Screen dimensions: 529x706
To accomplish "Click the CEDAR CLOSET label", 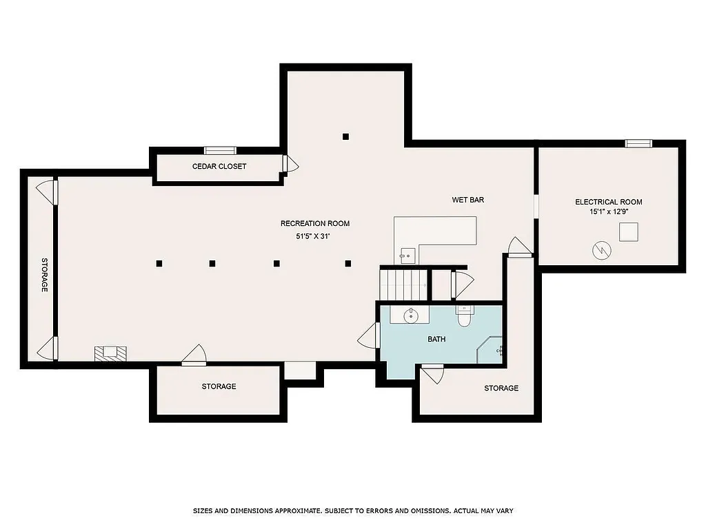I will [x=219, y=166].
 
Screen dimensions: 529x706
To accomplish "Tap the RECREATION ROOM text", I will [x=314, y=223].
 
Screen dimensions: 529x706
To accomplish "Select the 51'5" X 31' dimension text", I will [x=314, y=236].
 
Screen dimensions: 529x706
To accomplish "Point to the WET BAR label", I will [x=467, y=200].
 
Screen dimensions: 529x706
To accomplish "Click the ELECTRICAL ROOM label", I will [x=609, y=202].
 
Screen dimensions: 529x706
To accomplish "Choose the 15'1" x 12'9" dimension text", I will [x=609, y=212].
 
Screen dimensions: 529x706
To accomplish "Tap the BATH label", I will [x=436, y=339].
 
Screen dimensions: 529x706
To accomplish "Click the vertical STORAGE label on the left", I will [x=44, y=276].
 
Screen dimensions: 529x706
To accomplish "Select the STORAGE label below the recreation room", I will [x=219, y=386].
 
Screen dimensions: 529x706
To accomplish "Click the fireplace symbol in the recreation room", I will [x=110, y=353].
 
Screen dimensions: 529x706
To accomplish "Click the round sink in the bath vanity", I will [x=410, y=315].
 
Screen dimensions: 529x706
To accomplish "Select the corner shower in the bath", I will [x=490, y=349].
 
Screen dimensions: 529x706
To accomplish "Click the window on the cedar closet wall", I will [x=220, y=150].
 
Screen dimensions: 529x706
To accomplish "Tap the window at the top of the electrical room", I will [x=638, y=143].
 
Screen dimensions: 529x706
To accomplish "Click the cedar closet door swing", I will [x=290, y=164].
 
